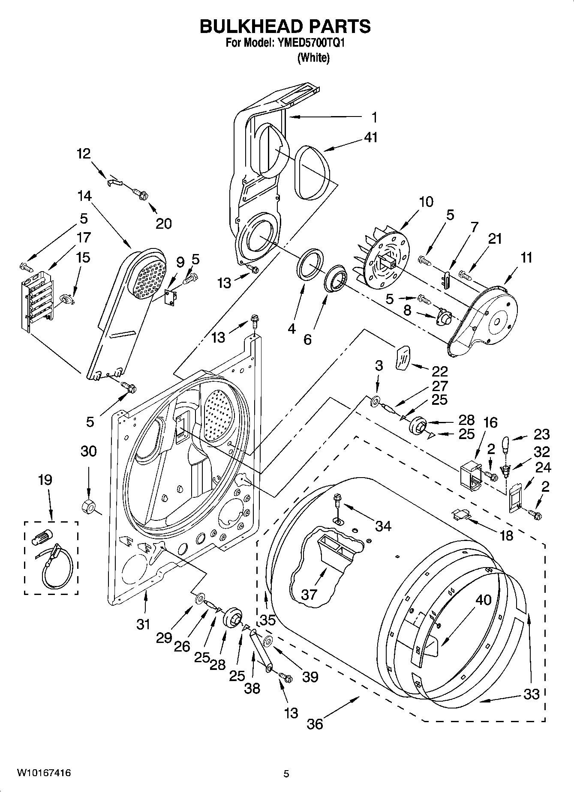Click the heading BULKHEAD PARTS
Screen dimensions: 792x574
[285, 27]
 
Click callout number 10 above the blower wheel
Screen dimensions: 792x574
[426, 201]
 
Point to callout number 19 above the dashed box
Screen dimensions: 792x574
[45, 480]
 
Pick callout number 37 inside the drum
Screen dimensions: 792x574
[309, 594]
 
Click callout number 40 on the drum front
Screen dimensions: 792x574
[483, 600]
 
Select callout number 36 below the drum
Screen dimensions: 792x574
[315, 723]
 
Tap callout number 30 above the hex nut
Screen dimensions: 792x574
[88, 451]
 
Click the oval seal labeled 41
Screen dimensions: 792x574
[314, 173]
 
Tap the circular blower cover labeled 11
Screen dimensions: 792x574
[493, 317]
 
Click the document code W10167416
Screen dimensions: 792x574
[44, 773]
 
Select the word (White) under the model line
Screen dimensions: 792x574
[313, 57]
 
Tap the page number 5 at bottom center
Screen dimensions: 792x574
[286, 774]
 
